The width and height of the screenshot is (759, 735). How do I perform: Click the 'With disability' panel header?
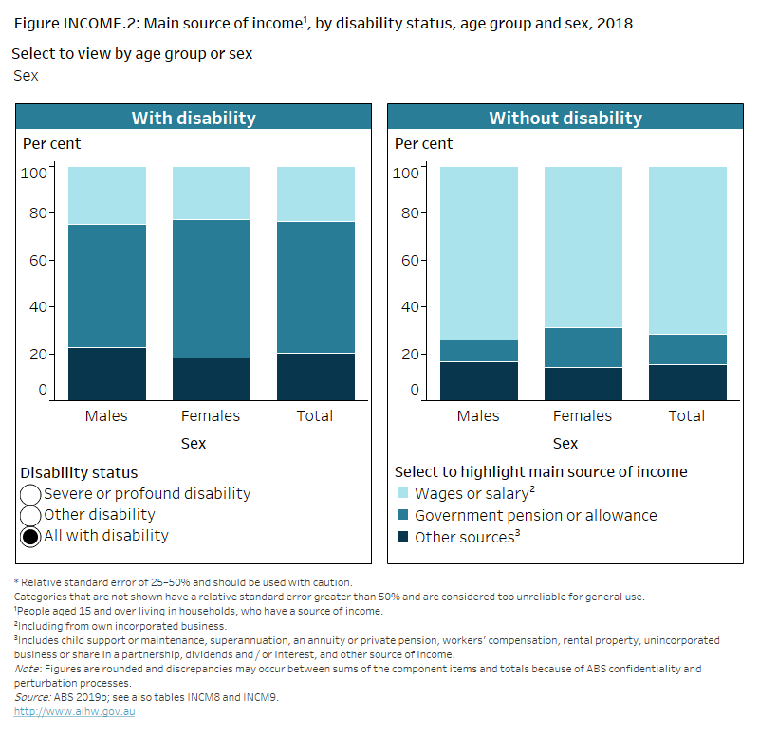[x=194, y=119]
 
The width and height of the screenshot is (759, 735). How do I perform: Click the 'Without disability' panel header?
[x=565, y=119]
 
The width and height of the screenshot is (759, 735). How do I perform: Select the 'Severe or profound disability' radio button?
[x=30, y=494]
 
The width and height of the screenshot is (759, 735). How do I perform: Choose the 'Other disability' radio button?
[x=30, y=515]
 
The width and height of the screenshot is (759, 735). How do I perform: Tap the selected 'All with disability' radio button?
[x=30, y=536]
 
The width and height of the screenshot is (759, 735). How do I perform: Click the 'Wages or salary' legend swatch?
[x=402, y=494]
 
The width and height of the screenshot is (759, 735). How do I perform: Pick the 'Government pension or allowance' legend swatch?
[x=402, y=516]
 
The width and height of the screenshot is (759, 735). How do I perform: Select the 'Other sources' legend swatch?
[x=402, y=537]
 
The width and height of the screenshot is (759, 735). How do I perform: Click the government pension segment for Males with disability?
[x=106, y=285]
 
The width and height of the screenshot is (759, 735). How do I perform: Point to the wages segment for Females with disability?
[x=211, y=193]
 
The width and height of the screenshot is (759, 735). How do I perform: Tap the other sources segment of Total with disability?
[x=315, y=377]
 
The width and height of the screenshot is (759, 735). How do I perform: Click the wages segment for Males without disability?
[x=478, y=252]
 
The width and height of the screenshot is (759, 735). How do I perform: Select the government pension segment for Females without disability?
[x=583, y=347]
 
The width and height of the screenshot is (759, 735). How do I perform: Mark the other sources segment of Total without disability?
[x=687, y=382]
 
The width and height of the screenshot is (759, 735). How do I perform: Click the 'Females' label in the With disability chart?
[x=211, y=416]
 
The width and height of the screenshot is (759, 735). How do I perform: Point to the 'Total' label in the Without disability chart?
[x=687, y=416]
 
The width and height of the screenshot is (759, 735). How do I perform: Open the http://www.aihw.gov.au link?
[x=74, y=711]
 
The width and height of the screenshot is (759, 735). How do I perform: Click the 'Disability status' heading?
[x=79, y=472]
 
